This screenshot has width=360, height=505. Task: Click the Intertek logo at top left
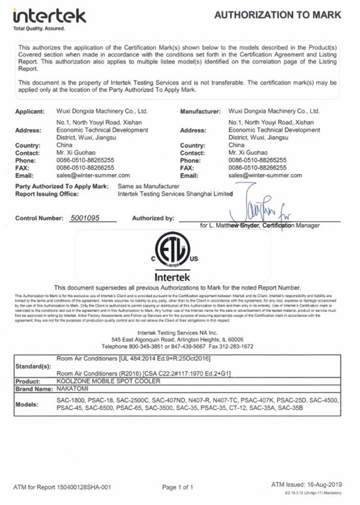(49, 17)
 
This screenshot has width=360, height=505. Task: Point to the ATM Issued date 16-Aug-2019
(307, 484)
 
